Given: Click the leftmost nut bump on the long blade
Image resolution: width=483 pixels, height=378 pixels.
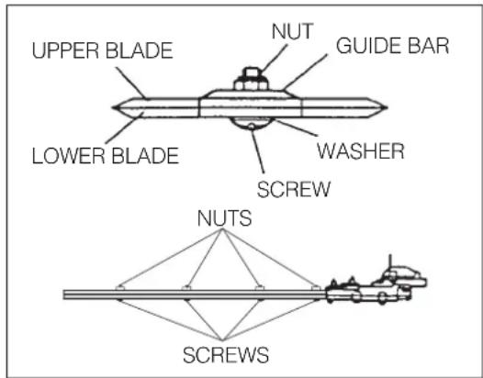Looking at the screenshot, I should click(121, 289).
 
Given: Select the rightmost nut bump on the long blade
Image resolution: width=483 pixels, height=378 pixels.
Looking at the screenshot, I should click(315, 289).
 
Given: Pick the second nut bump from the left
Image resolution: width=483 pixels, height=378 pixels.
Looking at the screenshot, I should click(186, 289).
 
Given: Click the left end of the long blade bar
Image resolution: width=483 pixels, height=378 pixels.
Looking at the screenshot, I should click(66, 295).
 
